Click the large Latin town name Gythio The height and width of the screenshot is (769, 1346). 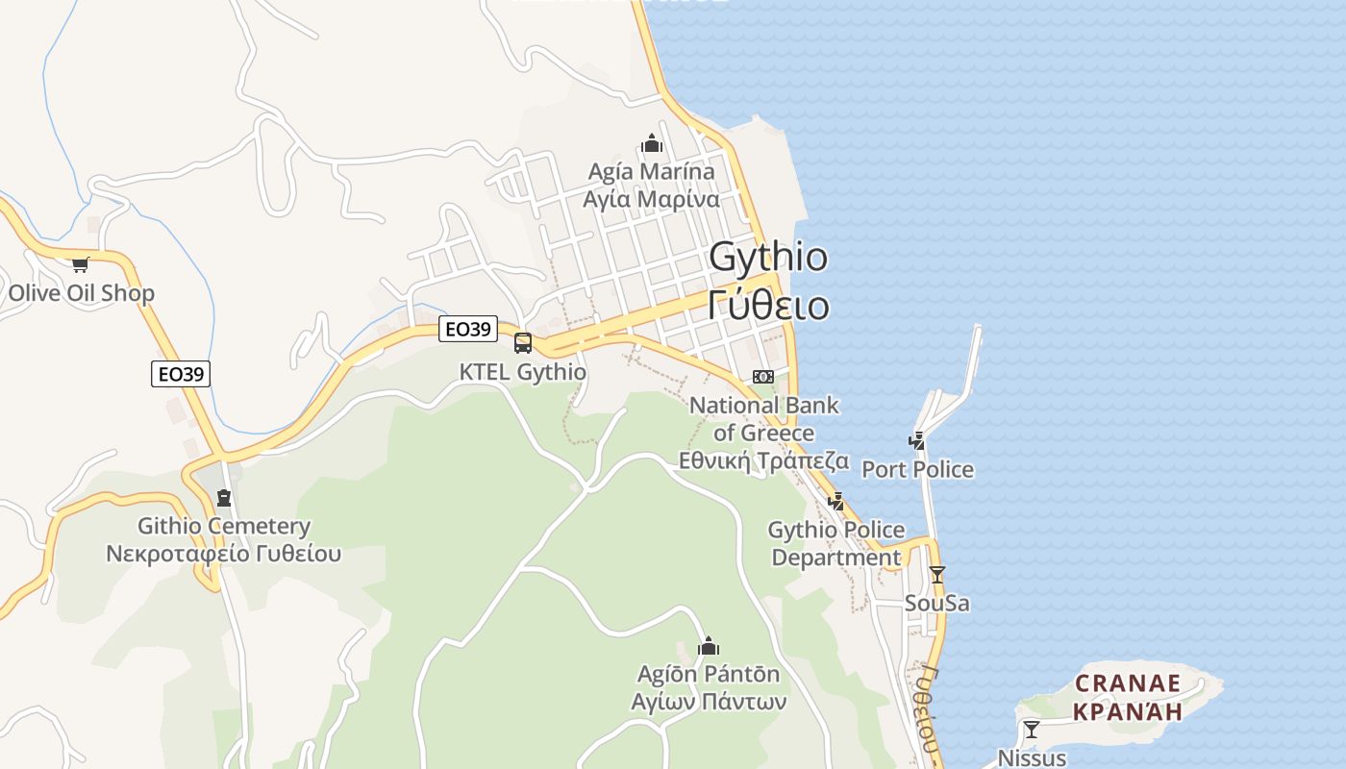pos(768,257)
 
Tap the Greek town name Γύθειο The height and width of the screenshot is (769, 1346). pos(768,305)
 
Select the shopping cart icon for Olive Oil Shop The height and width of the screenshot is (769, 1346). pos(80,264)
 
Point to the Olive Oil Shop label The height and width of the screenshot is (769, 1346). pos(81,293)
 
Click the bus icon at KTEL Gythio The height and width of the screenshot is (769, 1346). pos(523,342)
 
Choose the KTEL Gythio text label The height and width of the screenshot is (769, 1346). pos(522,372)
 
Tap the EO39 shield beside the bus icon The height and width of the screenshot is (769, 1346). pos(468,329)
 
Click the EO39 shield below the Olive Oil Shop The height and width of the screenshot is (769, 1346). pos(181,374)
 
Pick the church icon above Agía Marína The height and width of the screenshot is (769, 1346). pos(652,144)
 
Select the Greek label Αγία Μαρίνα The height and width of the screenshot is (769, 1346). pos(652,200)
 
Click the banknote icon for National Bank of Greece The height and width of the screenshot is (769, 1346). pos(763,376)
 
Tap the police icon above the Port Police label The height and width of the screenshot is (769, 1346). pos(917,441)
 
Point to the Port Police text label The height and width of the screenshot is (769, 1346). pos(917,470)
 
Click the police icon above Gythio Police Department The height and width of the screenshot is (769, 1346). pos(836,501)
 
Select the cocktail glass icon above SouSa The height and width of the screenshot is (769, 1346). pos(937,575)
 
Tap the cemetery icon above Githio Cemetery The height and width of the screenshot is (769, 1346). pos(224,498)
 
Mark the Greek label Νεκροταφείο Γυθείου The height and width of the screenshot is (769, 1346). pos(223,555)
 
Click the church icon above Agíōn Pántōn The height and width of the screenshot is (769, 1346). pos(709,646)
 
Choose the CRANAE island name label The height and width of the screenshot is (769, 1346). pos(1127,683)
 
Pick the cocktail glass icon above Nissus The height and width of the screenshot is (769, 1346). pos(1032,730)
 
